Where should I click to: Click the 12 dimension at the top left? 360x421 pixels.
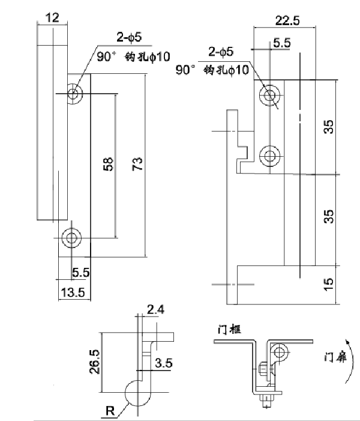pyautogui.click(x=52, y=18)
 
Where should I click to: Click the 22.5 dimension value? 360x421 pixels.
pyautogui.click(x=288, y=20)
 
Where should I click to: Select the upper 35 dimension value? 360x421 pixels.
pyautogui.click(x=328, y=127)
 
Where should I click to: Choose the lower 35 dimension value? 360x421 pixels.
pyautogui.click(x=328, y=216)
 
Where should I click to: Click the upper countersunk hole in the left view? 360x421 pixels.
pyautogui.click(x=74, y=93)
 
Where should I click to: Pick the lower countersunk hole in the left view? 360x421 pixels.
pyautogui.click(x=71, y=238)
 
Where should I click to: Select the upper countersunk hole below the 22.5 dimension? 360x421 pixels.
pyautogui.click(x=270, y=94)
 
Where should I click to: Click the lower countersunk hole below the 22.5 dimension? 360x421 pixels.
pyautogui.click(x=269, y=156)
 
